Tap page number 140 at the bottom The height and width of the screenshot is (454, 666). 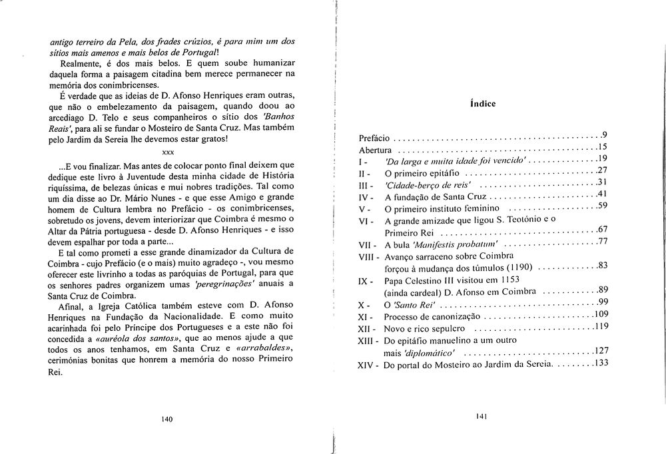(166, 419)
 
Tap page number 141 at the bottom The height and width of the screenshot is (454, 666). (484, 416)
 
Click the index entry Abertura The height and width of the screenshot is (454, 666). (375, 150)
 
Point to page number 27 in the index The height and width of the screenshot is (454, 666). (603, 170)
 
